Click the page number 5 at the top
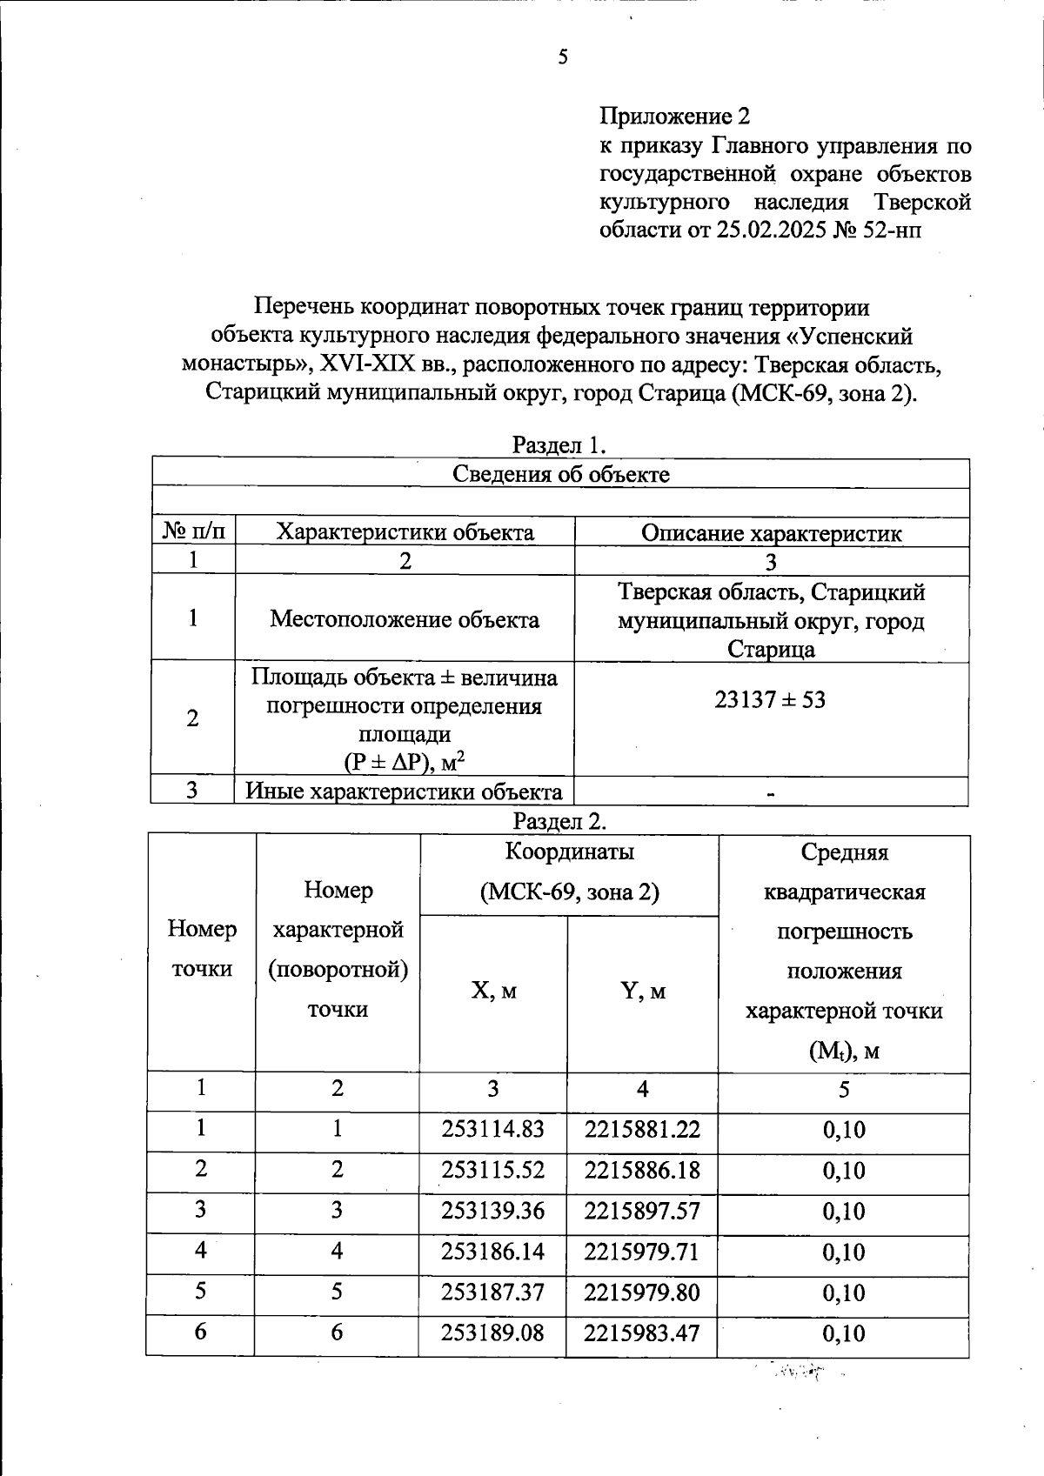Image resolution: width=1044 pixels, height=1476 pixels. tap(563, 58)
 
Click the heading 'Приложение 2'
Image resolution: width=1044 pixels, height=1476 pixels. tap(674, 116)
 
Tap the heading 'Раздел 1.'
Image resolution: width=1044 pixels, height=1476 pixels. tap(559, 445)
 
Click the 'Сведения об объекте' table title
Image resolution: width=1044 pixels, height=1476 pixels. tap(561, 474)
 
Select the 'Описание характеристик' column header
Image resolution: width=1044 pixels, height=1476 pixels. tap(771, 533)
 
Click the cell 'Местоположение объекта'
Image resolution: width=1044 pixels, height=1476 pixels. tap(405, 619)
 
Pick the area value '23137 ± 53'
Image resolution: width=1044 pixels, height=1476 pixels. tap(770, 699)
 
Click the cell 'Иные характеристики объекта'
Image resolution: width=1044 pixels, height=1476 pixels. tap(405, 791)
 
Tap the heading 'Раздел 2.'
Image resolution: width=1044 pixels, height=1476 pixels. tap(559, 821)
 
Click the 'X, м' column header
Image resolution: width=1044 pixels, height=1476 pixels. tap(493, 991)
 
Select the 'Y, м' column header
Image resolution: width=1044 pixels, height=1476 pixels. tap(643, 991)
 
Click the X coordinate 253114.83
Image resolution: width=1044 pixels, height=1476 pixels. tap(492, 1129)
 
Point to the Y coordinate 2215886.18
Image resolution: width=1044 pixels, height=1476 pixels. tap(642, 1170)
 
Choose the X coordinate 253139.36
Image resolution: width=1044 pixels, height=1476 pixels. tap(492, 1211)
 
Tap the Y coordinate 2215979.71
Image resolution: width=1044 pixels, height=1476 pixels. tap(642, 1252)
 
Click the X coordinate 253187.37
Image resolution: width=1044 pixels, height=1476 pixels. tap(492, 1292)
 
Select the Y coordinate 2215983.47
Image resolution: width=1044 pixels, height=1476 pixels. tap(642, 1333)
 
